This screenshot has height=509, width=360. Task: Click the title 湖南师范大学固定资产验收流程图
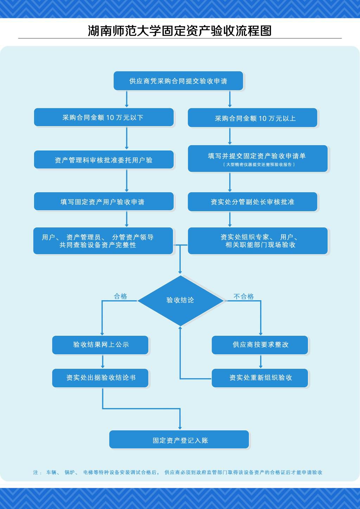180,31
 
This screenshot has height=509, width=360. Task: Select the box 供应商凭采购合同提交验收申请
178,81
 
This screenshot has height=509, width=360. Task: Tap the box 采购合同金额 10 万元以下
104,117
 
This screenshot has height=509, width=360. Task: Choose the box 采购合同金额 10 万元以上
252,118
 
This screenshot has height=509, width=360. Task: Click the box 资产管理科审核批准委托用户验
104,160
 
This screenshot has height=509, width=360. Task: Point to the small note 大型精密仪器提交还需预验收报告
259,165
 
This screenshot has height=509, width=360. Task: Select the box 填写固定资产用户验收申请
104,202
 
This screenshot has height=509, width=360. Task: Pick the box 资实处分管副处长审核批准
252,202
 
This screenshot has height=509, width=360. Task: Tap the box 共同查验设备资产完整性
103,241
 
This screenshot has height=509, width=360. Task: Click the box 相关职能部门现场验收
258,241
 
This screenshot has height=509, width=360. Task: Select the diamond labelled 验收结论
180,300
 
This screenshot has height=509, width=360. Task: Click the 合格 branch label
121,296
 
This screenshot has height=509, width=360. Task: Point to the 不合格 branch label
244,296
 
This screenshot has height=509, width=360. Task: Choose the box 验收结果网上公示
100,345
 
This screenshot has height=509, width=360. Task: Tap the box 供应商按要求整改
260,345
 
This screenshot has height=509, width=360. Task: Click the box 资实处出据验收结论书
100,378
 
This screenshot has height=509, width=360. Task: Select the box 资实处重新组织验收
260,378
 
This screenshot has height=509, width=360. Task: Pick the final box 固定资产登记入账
179,440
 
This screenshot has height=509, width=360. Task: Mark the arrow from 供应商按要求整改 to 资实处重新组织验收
261,361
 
